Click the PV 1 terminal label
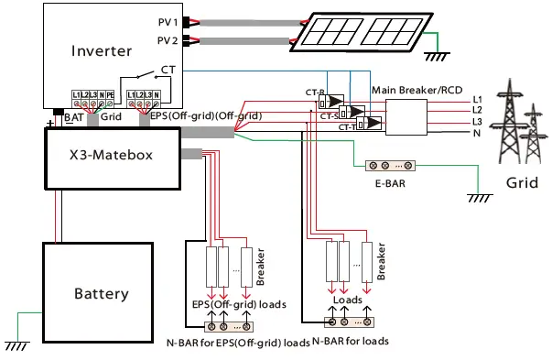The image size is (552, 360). click(x=168, y=20)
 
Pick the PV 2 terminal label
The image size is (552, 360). click(x=168, y=40)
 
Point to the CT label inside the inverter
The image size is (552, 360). click(x=168, y=70)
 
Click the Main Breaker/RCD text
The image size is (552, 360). click(x=415, y=90)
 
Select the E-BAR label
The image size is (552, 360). click(x=390, y=183)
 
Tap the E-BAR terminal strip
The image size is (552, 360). click(x=391, y=166)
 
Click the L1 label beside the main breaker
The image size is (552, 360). click(x=476, y=99)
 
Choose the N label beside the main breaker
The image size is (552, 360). click(x=476, y=133)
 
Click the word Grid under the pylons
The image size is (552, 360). click(x=522, y=183)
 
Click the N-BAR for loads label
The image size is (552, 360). click(x=351, y=341)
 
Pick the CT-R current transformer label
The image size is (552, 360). click(x=316, y=92)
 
